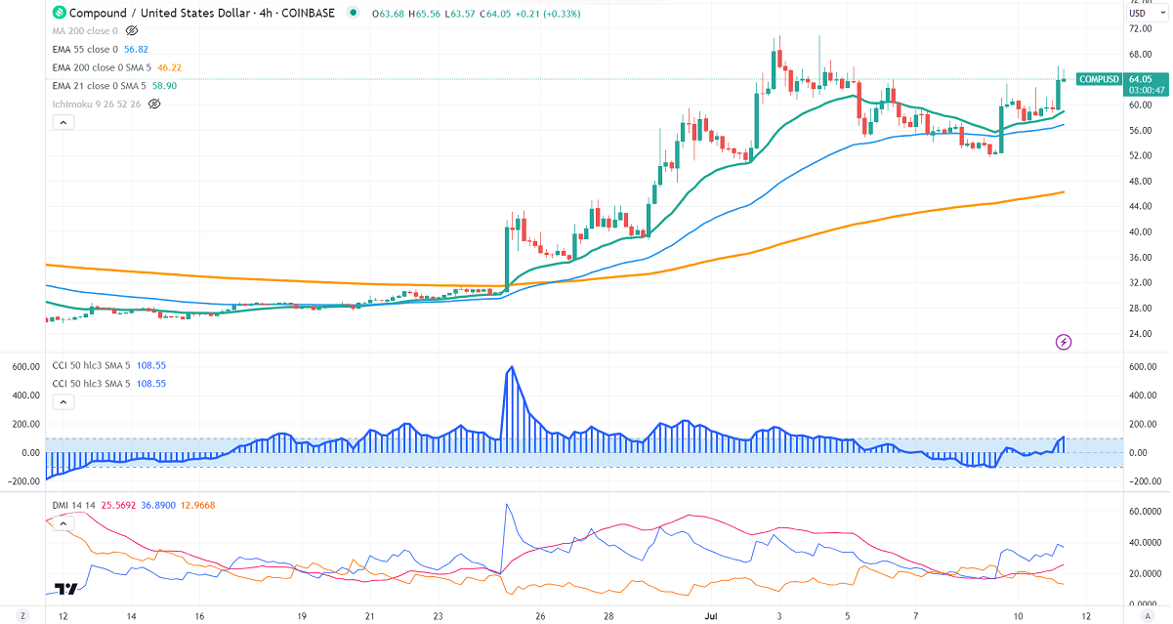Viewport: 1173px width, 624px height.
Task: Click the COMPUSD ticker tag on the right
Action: pos(1098,79)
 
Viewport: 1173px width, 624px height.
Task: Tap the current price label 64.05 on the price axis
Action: pos(1140,79)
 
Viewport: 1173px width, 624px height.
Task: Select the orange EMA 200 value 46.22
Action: pos(170,67)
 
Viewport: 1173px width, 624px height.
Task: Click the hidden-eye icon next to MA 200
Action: pos(132,30)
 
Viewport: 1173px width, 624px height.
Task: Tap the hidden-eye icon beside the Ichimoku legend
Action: pos(154,104)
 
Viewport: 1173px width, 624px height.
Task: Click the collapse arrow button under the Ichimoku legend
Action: pos(63,123)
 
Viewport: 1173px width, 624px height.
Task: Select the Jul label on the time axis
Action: pos(711,616)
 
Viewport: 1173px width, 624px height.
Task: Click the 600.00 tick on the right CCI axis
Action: pos(1143,366)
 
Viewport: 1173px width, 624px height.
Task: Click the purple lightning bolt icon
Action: pos(1065,342)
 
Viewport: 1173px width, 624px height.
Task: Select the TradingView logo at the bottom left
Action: pos(66,589)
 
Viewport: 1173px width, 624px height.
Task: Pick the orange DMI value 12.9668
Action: pos(200,504)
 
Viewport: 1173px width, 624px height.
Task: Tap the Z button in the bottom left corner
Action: pos(22,616)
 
